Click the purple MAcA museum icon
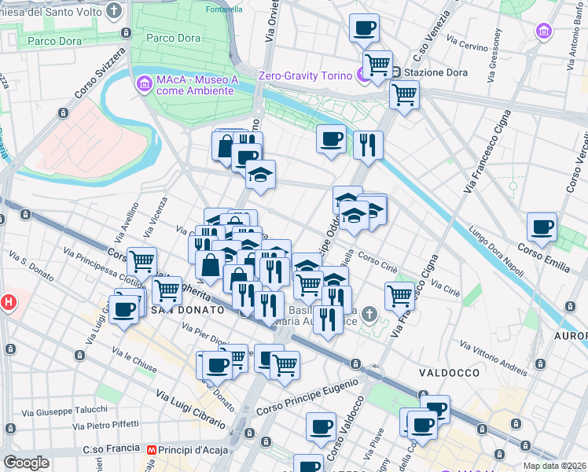[x=144, y=83]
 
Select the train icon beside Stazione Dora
[x=397, y=72]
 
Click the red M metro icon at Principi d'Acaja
[x=152, y=450]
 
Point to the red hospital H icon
[x=8, y=301]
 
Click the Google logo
[x=27, y=463]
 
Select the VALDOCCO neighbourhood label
[x=444, y=372]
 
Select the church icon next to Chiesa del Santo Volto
[x=115, y=12]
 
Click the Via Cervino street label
[x=467, y=46]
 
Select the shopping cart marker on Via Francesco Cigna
[x=400, y=296]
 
